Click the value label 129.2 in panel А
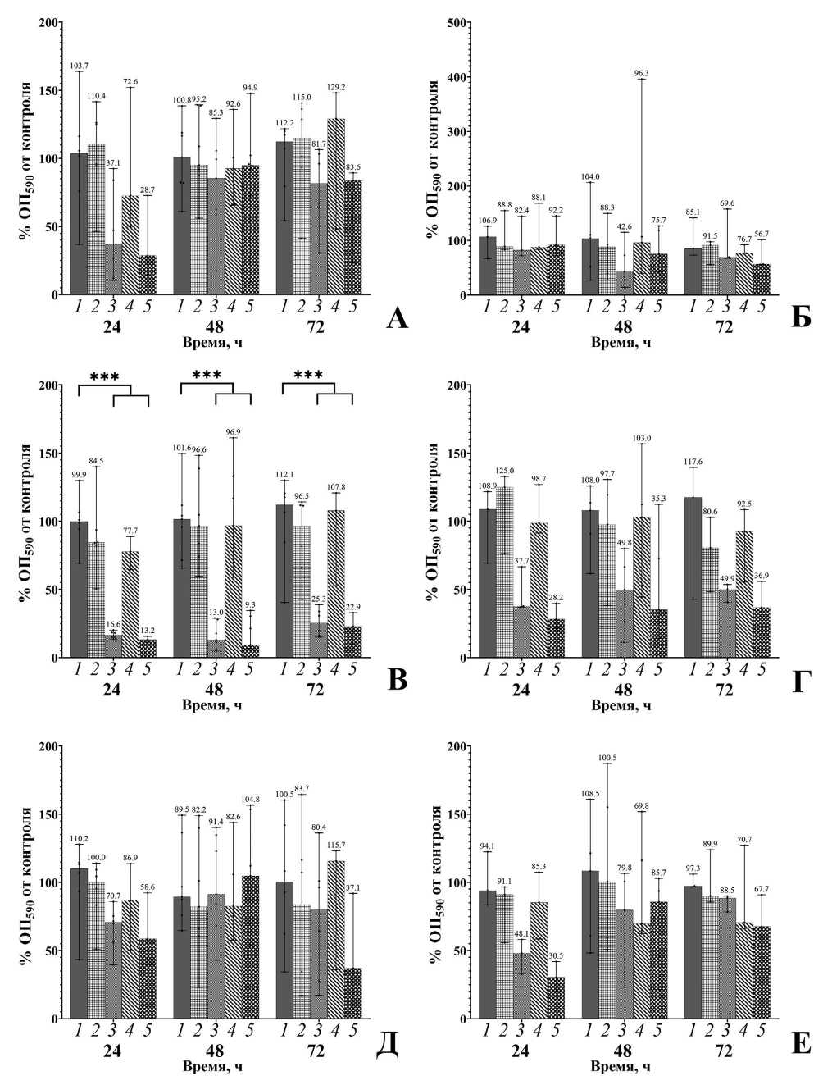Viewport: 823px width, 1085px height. click(x=335, y=86)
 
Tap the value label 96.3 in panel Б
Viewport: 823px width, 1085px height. click(x=642, y=73)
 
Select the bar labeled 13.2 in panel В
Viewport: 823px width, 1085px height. click(x=147, y=648)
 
